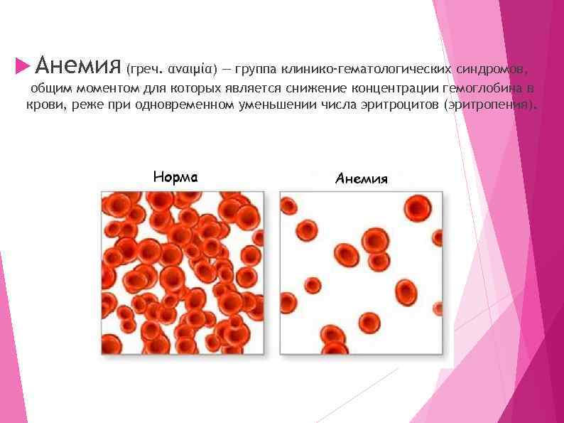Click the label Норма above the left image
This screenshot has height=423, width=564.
pos(175,176)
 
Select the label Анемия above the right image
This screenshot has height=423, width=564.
pos(361,178)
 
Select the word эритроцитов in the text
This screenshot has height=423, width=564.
pos(398,105)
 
